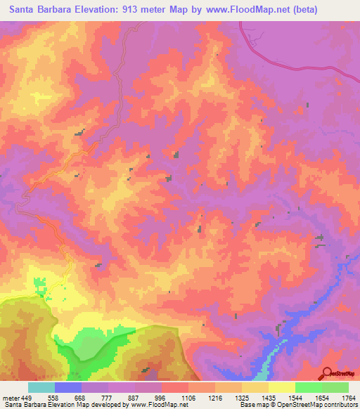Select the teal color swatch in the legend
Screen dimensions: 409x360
[41, 387]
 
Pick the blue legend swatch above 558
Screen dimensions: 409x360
[68, 387]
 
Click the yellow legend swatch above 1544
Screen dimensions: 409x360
[281, 387]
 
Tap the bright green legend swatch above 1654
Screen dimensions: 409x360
[308, 387]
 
